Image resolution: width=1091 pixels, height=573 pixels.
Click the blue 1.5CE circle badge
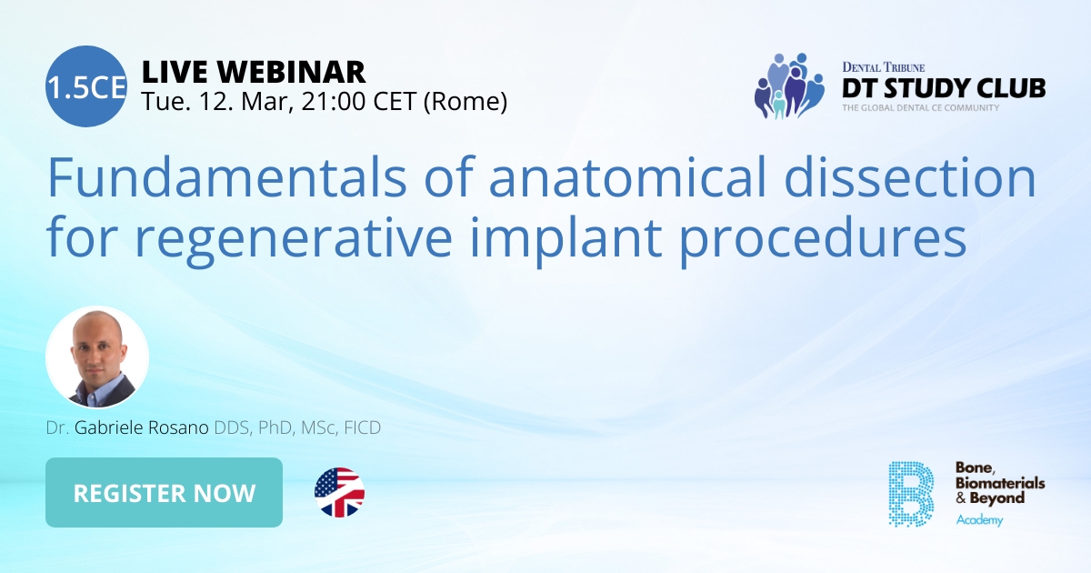coord(85,85)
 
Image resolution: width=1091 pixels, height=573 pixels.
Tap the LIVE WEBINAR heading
coord(254,71)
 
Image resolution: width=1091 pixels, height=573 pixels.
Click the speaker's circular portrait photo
coord(97,357)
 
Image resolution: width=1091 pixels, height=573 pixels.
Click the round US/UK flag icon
coord(339,493)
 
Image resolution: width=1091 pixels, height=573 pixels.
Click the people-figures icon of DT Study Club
coord(787,85)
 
